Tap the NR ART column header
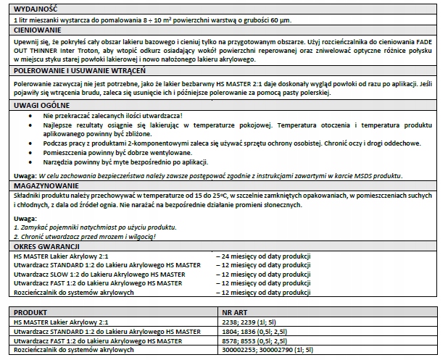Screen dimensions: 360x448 click(x=235, y=312)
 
